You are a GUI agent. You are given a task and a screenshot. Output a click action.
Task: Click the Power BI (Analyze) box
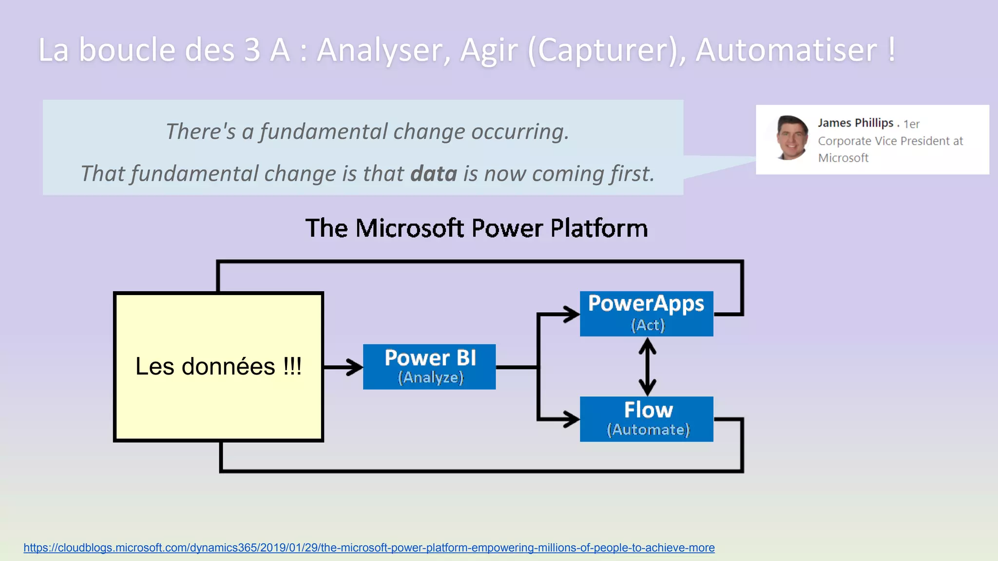tap(429, 367)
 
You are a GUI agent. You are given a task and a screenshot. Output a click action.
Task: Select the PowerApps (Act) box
tap(646, 314)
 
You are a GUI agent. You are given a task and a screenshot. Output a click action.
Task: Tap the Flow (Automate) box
tap(646, 419)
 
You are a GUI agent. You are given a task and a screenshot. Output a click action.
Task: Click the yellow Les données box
tap(218, 367)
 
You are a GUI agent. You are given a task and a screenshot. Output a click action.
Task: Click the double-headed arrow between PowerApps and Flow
tap(647, 367)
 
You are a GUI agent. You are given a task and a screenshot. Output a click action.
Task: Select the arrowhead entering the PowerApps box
tap(571, 314)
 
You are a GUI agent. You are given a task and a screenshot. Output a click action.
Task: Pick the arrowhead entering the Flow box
tap(571, 419)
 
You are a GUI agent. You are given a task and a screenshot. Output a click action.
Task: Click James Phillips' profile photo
tap(792, 138)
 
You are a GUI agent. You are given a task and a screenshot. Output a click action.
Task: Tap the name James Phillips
tap(855, 123)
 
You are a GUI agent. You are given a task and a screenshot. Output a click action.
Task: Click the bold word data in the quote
tap(434, 174)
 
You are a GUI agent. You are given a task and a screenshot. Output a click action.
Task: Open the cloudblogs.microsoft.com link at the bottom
tap(369, 547)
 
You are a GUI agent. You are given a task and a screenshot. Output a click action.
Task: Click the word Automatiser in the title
tap(786, 50)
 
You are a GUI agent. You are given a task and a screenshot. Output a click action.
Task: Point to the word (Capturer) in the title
tap(607, 50)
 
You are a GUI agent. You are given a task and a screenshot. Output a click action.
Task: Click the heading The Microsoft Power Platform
tap(476, 228)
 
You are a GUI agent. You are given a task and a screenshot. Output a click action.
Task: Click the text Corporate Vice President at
tap(890, 141)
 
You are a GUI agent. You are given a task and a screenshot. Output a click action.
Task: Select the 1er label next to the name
tap(911, 124)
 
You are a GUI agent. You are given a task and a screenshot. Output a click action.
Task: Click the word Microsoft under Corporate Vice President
tap(843, 158)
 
